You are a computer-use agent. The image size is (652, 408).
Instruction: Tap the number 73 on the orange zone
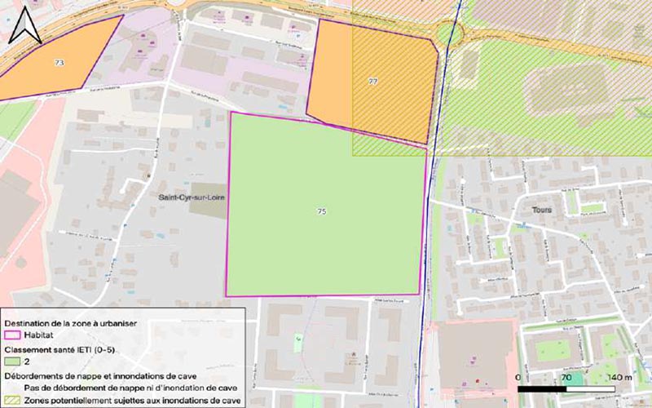59,63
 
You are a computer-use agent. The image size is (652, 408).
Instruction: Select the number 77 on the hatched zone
373,82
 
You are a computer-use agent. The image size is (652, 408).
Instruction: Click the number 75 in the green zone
322,211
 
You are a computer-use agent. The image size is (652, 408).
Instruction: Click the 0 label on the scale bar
519,379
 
